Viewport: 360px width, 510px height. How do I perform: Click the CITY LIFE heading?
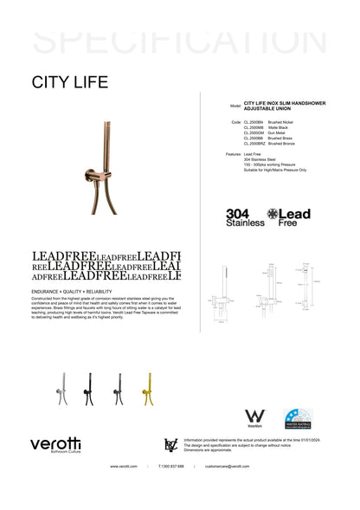(70, 83)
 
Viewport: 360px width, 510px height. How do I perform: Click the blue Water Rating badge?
(298, 419)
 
